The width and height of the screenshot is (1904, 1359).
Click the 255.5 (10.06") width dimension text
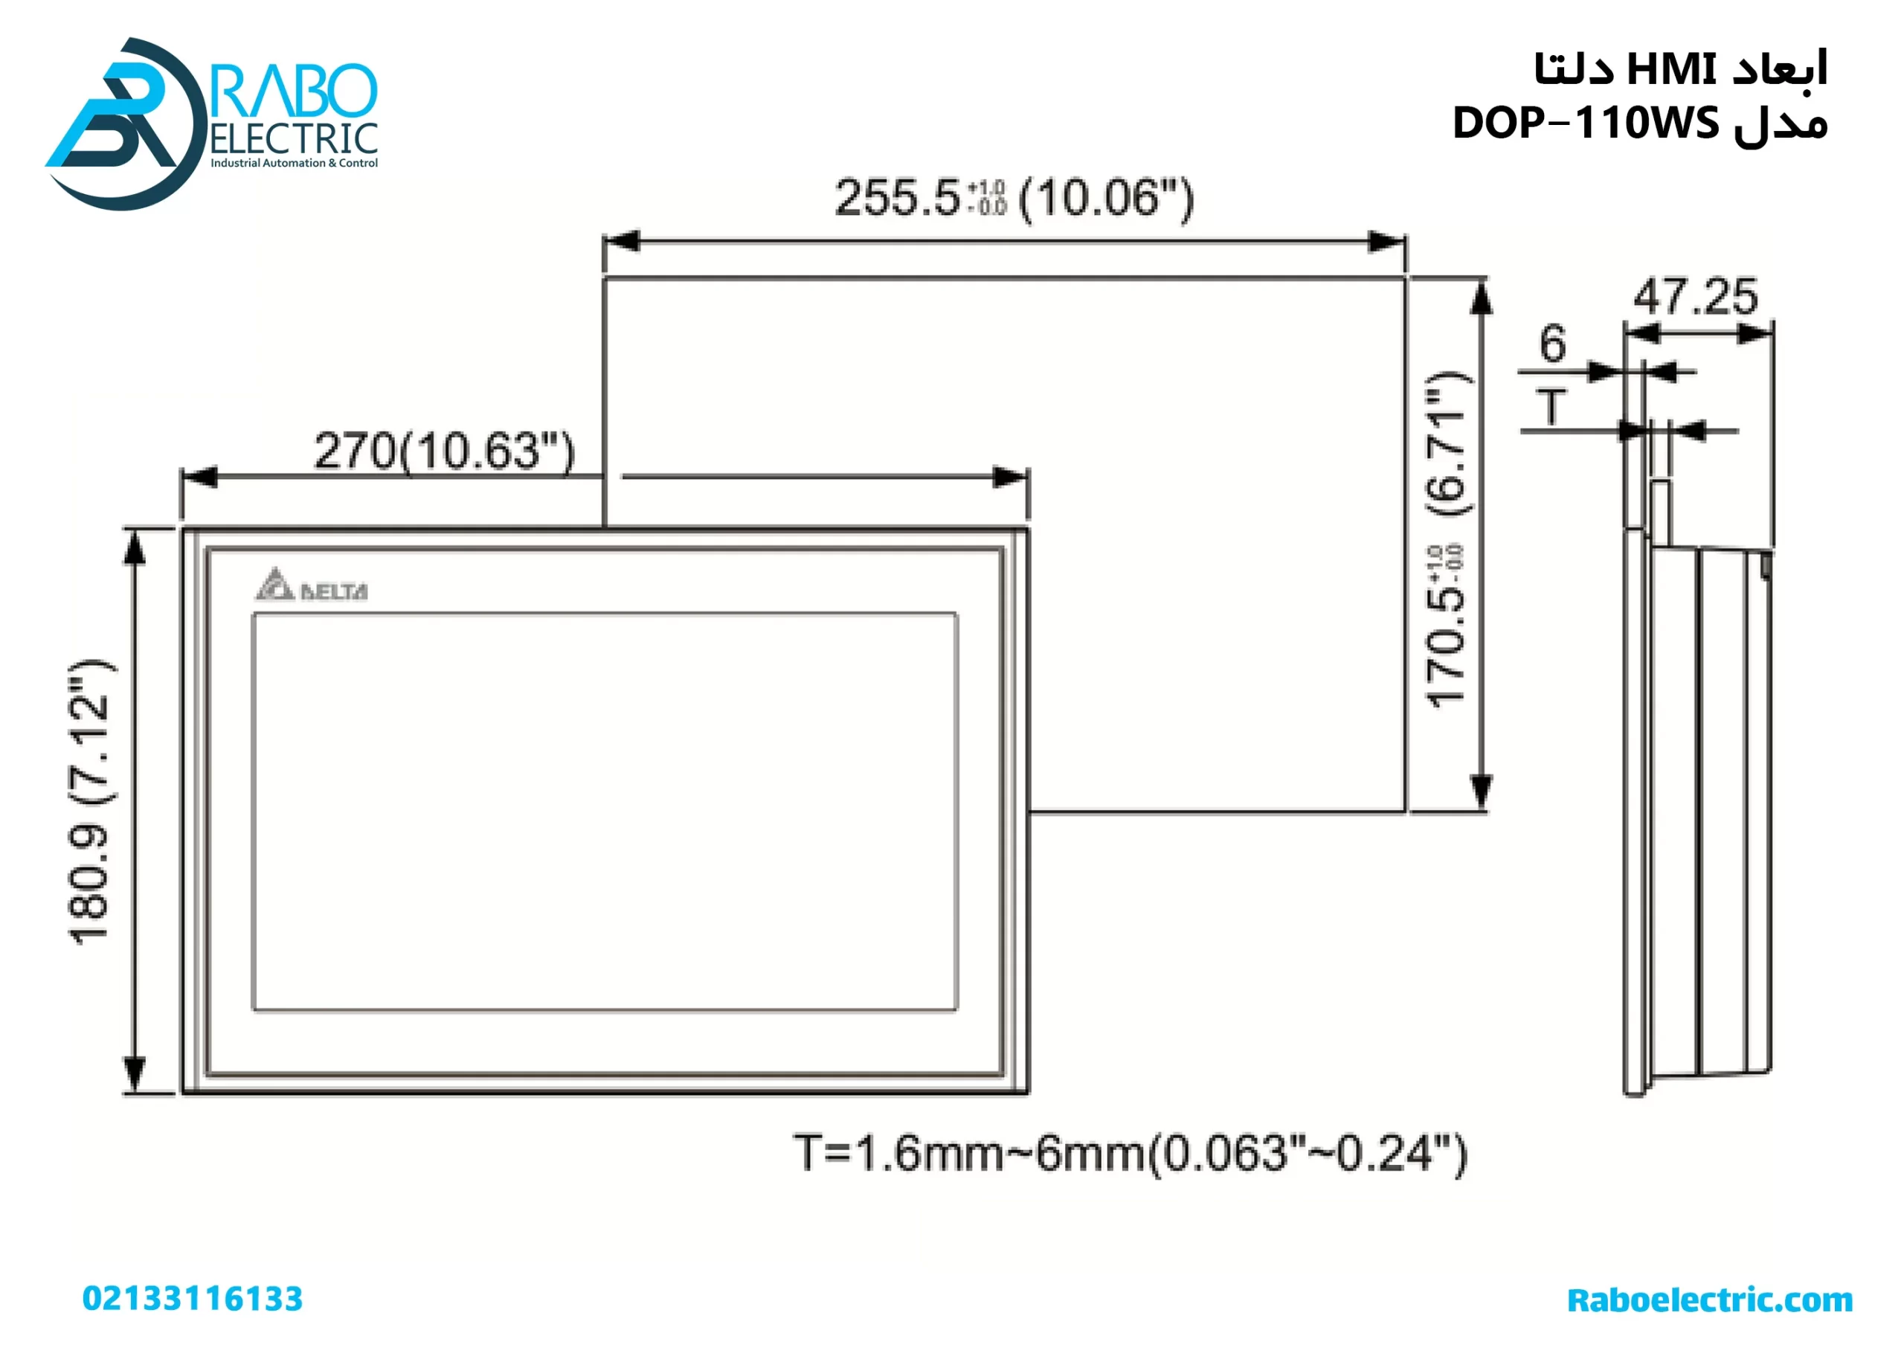(1014, 199)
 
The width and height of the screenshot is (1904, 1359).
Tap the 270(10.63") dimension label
(444, 452)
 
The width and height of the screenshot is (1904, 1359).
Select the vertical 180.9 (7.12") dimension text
(89, 803)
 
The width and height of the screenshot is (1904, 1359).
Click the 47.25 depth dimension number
(1696, 297)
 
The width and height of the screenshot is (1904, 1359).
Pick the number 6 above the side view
(1553, 344)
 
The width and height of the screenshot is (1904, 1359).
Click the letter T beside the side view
(1551, 408)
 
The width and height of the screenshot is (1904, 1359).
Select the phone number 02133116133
(193, 1299)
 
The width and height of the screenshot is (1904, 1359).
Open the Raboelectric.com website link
(1709, 1299)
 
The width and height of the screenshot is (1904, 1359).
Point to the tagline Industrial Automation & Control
(294, 163)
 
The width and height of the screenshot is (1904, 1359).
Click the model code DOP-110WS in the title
(1585, 123)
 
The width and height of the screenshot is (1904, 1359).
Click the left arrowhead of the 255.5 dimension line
(621, 242)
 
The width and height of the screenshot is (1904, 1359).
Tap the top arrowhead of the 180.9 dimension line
(135, 548)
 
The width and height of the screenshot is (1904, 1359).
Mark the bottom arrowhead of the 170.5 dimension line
(1482, 791)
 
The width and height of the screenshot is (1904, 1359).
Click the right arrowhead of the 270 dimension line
(1011, 478)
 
